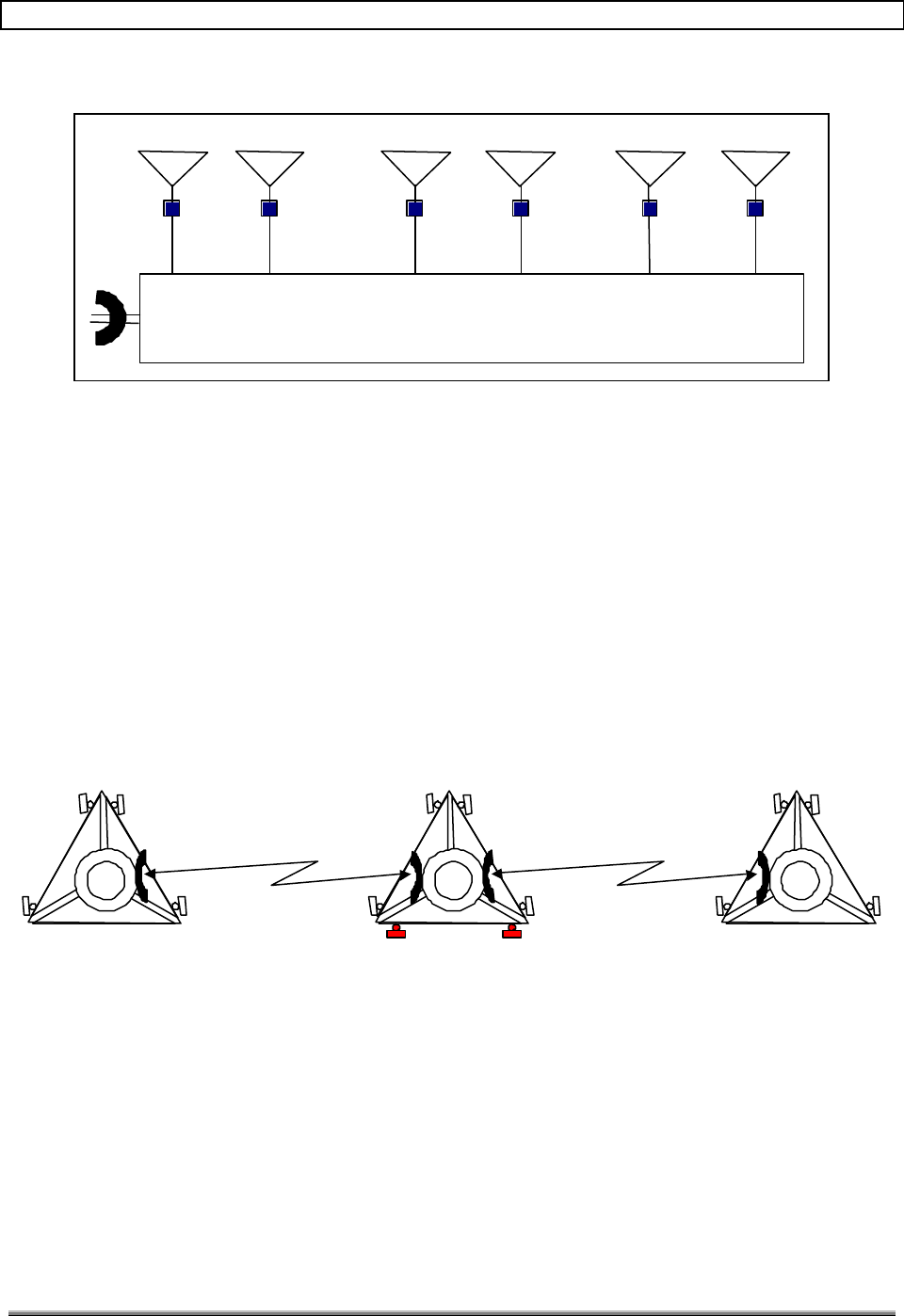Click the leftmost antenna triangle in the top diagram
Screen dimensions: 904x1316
click(x=172, y=166)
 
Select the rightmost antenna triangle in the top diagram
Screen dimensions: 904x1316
click(x=755, y=166)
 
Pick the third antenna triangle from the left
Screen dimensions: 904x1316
click(x=415, y=166)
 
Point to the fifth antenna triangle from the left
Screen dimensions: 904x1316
click(x=650, y=166)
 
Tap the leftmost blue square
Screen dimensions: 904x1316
click(x=172, y=209)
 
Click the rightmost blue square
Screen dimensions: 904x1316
click(x=755, y=209)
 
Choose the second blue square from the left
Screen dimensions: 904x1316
click(x=270, y=209)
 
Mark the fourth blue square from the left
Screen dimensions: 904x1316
click(x=521, y=209)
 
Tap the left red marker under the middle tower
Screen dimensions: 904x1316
click(x=396, y=934)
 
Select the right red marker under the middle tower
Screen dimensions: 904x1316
click(x=511, y=934)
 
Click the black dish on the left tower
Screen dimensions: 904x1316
click(x=141, y=875)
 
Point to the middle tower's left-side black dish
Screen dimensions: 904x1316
click(x=414, y=877)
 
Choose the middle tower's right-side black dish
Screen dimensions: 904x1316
click(x=487, y=875)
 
